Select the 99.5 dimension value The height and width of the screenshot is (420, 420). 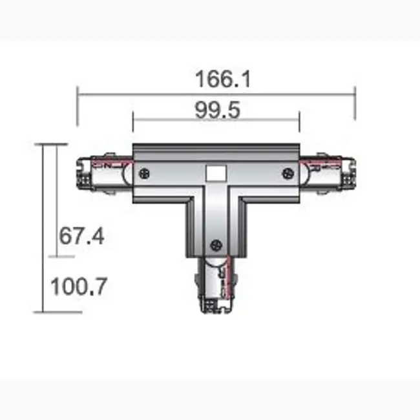(x=217, y=110)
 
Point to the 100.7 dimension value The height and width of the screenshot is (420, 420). (x=78, y=286)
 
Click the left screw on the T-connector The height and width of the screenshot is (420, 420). (x=143, y=173)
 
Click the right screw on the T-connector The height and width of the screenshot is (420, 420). (x=288, y=173)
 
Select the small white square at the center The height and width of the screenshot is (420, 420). (x=216, y=173)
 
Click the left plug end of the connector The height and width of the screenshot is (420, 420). (x=103, y=173)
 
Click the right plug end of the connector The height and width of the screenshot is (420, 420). (x=330, y=173)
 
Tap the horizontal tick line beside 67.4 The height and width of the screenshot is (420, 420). (x=61, y=257)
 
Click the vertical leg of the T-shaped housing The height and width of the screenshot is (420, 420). (x=216, y=223)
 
